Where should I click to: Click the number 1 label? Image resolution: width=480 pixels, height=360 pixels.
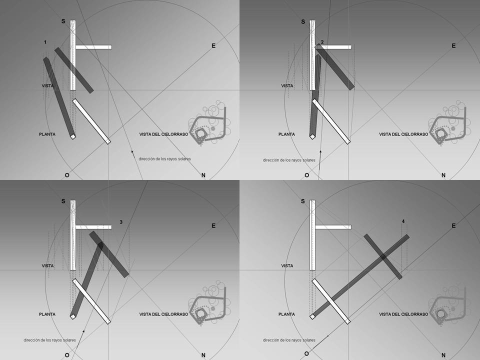(x=45, y=42)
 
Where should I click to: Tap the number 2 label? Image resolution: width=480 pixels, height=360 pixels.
(x=322, y=42)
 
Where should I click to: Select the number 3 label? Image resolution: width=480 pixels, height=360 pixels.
(x=121, y=222)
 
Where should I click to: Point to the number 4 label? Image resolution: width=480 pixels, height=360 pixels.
(x=403, y=221)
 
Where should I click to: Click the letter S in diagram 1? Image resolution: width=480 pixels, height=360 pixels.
(x=63, y=21)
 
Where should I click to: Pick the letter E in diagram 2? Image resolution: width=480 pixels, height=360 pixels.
(x=453, y=45)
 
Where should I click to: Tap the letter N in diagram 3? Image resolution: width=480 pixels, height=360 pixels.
(x=203, y=355)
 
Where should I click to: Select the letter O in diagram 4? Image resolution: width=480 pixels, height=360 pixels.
(x=306, y=353)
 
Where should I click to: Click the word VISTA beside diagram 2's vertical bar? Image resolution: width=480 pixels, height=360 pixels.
(x=287, y=85)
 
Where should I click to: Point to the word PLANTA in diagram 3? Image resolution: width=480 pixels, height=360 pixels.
(x=47, y=314)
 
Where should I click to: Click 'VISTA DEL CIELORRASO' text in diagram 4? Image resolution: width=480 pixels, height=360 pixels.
(x=403, y=314)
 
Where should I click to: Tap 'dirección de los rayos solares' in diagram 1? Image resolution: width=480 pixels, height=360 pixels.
(x=164, y=159)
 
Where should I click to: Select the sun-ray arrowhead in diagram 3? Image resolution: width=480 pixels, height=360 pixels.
(x=83, y=331)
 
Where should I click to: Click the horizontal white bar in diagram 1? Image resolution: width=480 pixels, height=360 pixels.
(x=93, y=47)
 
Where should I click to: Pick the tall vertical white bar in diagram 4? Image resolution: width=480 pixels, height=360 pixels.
(x=312, y=235)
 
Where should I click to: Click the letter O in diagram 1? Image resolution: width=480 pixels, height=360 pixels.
(x=67, y=175)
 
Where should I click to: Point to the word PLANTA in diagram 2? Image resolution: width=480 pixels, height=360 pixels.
(x=287, y=134)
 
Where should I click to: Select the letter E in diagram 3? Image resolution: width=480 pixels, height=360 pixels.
(x=213, y=225)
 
